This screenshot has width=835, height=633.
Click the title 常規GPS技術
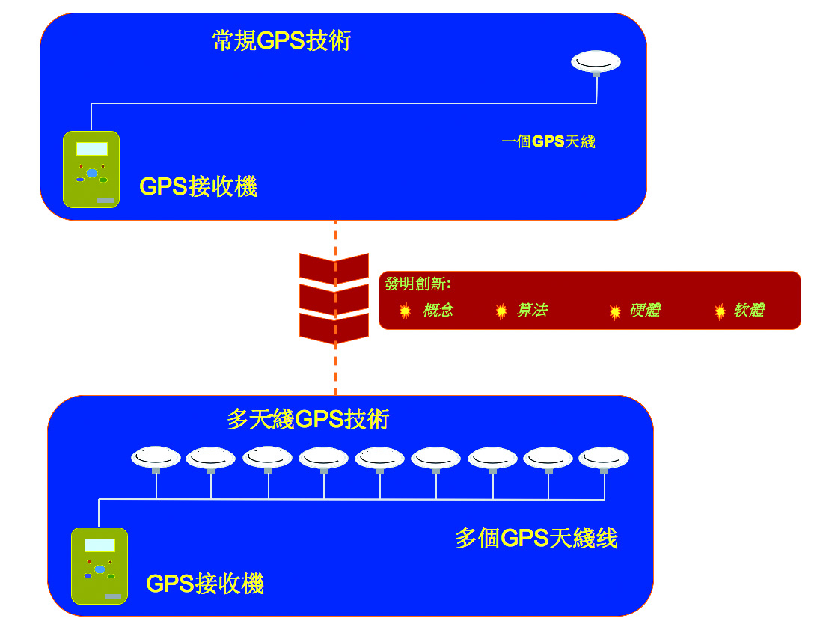click(281, 40)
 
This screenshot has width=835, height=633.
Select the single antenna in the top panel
click(596, 61)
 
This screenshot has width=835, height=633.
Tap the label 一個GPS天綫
click(548, 141)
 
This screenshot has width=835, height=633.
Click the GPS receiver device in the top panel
click(91, 169)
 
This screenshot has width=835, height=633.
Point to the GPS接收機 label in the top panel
click(198, 186)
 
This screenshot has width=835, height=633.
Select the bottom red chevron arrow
click(334, 328)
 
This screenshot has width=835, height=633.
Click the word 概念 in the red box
click(438, 311)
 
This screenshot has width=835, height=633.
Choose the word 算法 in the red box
click(532, 311)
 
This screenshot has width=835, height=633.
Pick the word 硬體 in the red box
click(645, 311)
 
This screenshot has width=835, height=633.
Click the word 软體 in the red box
click(749, 311)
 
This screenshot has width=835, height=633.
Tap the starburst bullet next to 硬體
click(615, 311)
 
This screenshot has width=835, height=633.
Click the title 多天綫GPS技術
click(308, 419)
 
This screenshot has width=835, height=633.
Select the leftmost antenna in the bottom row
click(156, 456)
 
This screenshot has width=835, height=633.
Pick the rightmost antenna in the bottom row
click(604, 456)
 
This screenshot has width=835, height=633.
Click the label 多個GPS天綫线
click(536, 538)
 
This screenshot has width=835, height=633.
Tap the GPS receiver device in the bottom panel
click(100, 566)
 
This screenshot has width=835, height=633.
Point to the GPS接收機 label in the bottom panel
click(205, 584)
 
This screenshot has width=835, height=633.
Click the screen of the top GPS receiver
click(91, 149)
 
